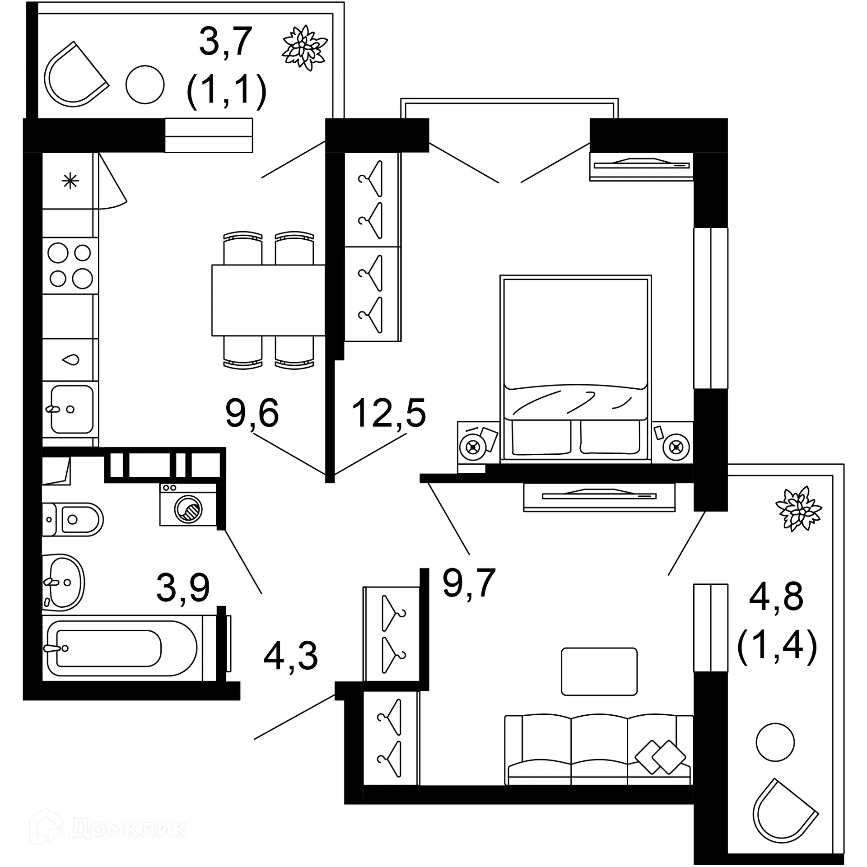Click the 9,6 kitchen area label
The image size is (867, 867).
(x=252, y=413)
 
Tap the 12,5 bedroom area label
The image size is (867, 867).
(x=388, y=413)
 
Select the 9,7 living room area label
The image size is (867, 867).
(x=469, y=583)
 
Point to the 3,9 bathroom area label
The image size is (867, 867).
(x=183, y=587)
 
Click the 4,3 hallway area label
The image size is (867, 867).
(x=290, y=656)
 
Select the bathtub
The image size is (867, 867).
(x=122, y=648)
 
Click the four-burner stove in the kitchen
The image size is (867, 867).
(x=70, y=266)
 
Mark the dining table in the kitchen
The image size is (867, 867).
(x=268, y=300)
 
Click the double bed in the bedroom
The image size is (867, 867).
(x=575, y=368)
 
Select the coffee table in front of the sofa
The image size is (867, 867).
(x=599, y=671)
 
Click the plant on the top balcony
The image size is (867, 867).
(x=304, y=48)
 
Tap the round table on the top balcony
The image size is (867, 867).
(x=144, y=84)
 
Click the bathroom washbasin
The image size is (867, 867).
(x=64, y=583)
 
